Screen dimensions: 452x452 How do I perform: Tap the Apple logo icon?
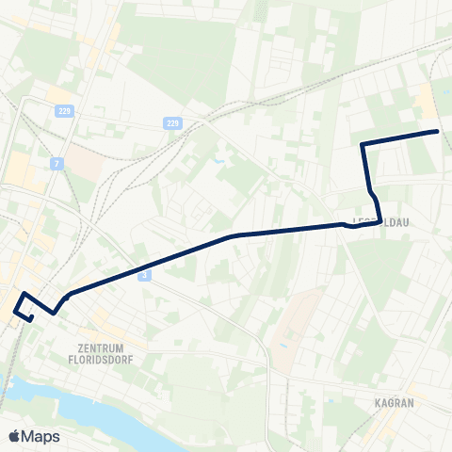tap(16, 436)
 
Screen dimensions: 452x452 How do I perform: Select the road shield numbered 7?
tap(58, 164)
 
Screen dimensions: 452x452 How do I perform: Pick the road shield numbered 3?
tap(144, 274)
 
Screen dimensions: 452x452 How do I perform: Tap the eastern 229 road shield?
tap(171, 123)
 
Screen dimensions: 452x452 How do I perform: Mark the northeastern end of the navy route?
tap(439, 131)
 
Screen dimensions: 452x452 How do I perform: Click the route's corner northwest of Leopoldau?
tap(363, 144)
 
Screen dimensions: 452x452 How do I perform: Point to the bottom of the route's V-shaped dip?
tap(55, 311)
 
